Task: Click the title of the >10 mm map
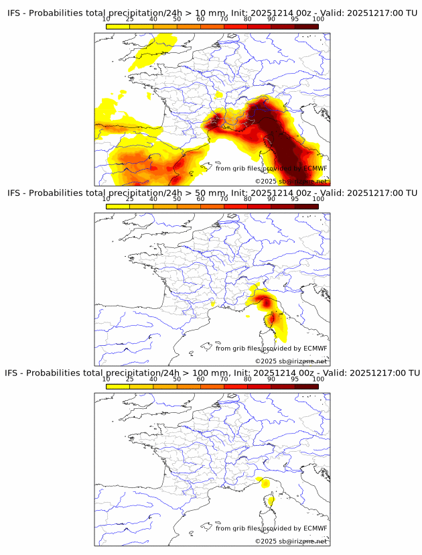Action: [x=212, y=13]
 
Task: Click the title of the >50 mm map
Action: [x=212, y=192]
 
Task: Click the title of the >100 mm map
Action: [x=212, y=372]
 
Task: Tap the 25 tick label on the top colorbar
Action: [x=129, y=19]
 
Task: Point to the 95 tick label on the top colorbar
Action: [x=295, y=19]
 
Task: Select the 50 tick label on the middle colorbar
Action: [x=177, y=198]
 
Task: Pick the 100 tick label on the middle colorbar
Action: [x=318, y=198]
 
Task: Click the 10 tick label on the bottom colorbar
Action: [x=107, y=379]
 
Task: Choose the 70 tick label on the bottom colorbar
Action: [x=224, y=379]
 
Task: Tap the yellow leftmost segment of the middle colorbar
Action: [x=118, y=206]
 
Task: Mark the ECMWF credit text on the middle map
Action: [x=271, y=348]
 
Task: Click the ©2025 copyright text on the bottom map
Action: [x=291, y=541]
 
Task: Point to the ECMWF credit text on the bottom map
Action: [x=271, y=528]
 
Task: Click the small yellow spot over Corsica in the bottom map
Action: [x=271, y=499]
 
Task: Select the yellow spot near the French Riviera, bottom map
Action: [x=265, y=483]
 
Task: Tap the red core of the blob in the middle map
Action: [x=267, y=303]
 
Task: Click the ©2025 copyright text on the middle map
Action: [x=291, y=361]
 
